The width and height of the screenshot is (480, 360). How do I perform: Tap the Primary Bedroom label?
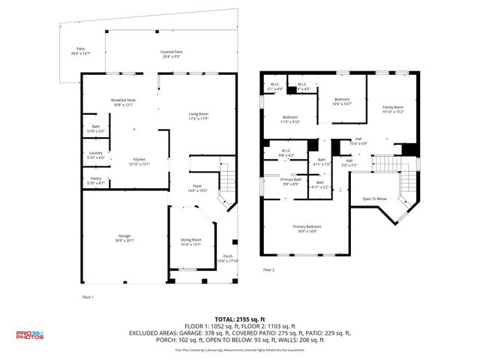tap(308, 228)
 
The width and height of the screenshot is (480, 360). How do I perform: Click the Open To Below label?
tap(374, 199)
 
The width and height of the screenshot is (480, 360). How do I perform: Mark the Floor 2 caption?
tap(268, 269)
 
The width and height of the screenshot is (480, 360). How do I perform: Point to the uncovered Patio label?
tap(80, 50)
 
